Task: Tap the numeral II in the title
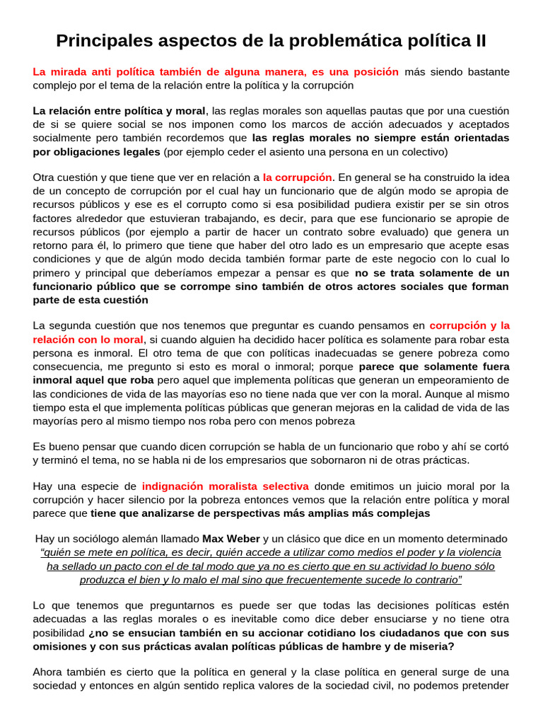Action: [x=479, y=40]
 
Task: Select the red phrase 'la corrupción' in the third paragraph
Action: [x=297, y=177]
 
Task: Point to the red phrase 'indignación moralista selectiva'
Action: [x=225, y=486]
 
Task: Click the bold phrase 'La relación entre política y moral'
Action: [x=119, y=111]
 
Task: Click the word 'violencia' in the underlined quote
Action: [x=476, y=552]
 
